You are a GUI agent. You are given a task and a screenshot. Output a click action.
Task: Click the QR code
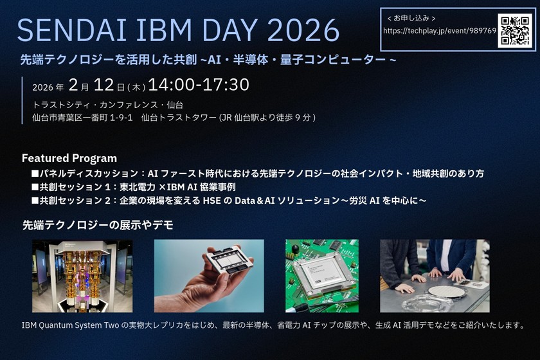click(x=515, y=31)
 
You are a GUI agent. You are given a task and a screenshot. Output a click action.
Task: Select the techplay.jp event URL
click(x=440, y=31)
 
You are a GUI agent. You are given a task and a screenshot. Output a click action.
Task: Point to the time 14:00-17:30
click(x=199, y=84)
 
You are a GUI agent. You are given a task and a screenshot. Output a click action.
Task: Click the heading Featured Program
click(x=69, y=158)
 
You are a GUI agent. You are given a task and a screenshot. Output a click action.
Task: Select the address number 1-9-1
click(x=121, y=118)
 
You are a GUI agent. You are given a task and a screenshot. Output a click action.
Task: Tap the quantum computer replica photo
click(x=82, y=276)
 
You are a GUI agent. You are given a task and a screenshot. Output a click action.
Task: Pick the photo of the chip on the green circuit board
click(x=322, y=276)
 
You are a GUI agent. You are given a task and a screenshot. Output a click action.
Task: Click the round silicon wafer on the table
click(x=447, y=292)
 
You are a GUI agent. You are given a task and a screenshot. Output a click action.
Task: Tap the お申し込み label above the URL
click(x=411, y=18)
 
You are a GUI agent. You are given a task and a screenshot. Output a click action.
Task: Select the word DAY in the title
click(x=228, y=30)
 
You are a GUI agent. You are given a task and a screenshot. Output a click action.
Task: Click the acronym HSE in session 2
click(x=212, y=201)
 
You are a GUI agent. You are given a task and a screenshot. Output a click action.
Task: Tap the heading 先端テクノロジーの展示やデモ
click(x=98, y=225)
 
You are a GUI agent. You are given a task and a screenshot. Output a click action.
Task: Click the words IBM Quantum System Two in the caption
click(x=70, y=325)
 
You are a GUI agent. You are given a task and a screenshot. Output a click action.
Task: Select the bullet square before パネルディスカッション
click(x=35, y=174)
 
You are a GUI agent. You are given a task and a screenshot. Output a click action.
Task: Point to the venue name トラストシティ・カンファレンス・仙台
click(x=108, y=105)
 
